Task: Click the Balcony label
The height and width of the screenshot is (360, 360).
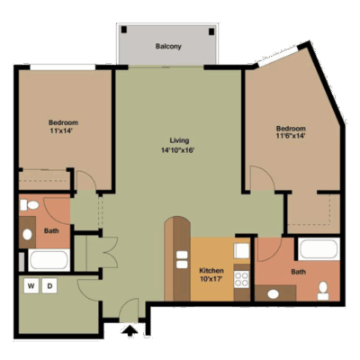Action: click(x=168, y=47)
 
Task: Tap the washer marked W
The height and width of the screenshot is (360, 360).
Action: click(x=31, y=286)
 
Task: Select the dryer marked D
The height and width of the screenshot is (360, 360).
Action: click(x=49, y=286)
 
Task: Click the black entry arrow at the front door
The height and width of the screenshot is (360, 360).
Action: click(x=130, y=331)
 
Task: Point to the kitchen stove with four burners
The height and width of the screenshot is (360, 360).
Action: click(x=242, y=279)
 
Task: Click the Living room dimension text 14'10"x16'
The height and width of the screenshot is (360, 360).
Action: click(x=178, y=150)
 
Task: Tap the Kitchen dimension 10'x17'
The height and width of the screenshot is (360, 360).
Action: click(x=211, y=279)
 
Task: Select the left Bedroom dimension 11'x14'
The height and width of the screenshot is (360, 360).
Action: click(x=61, y=130)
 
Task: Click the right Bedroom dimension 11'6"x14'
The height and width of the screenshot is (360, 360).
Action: click(x=291, y=136)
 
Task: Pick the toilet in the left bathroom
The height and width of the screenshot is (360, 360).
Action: click(x=30, y=205)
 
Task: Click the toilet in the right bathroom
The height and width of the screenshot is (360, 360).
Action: click(x=323, y=291)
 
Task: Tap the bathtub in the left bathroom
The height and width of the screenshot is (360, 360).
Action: click(x=49, y=260)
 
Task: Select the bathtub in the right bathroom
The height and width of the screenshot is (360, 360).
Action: click(x=319, y=249)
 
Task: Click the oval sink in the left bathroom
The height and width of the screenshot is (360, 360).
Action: click(x=27, y=235)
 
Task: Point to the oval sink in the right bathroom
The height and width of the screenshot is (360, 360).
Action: click(x=273, y=294)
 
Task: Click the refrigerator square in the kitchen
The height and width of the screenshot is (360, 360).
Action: click(x=242, y=251)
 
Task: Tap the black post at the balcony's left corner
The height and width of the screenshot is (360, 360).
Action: click(x=124, y=30)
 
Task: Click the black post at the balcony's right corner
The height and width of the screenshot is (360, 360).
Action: click(x=211, y=31)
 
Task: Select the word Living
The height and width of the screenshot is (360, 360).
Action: click(x=179, y=140)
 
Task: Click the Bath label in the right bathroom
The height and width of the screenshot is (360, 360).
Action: click(x=299, y=272)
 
